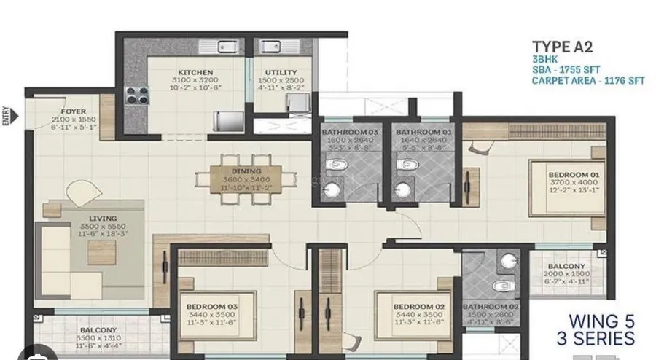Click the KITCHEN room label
196,73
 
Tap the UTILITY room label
281,73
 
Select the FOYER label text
73,111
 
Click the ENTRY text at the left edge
7,116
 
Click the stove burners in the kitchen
136,95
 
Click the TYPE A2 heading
561,47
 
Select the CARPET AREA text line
588,81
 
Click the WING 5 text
601,321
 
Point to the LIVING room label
104,218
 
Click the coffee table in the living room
101,252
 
